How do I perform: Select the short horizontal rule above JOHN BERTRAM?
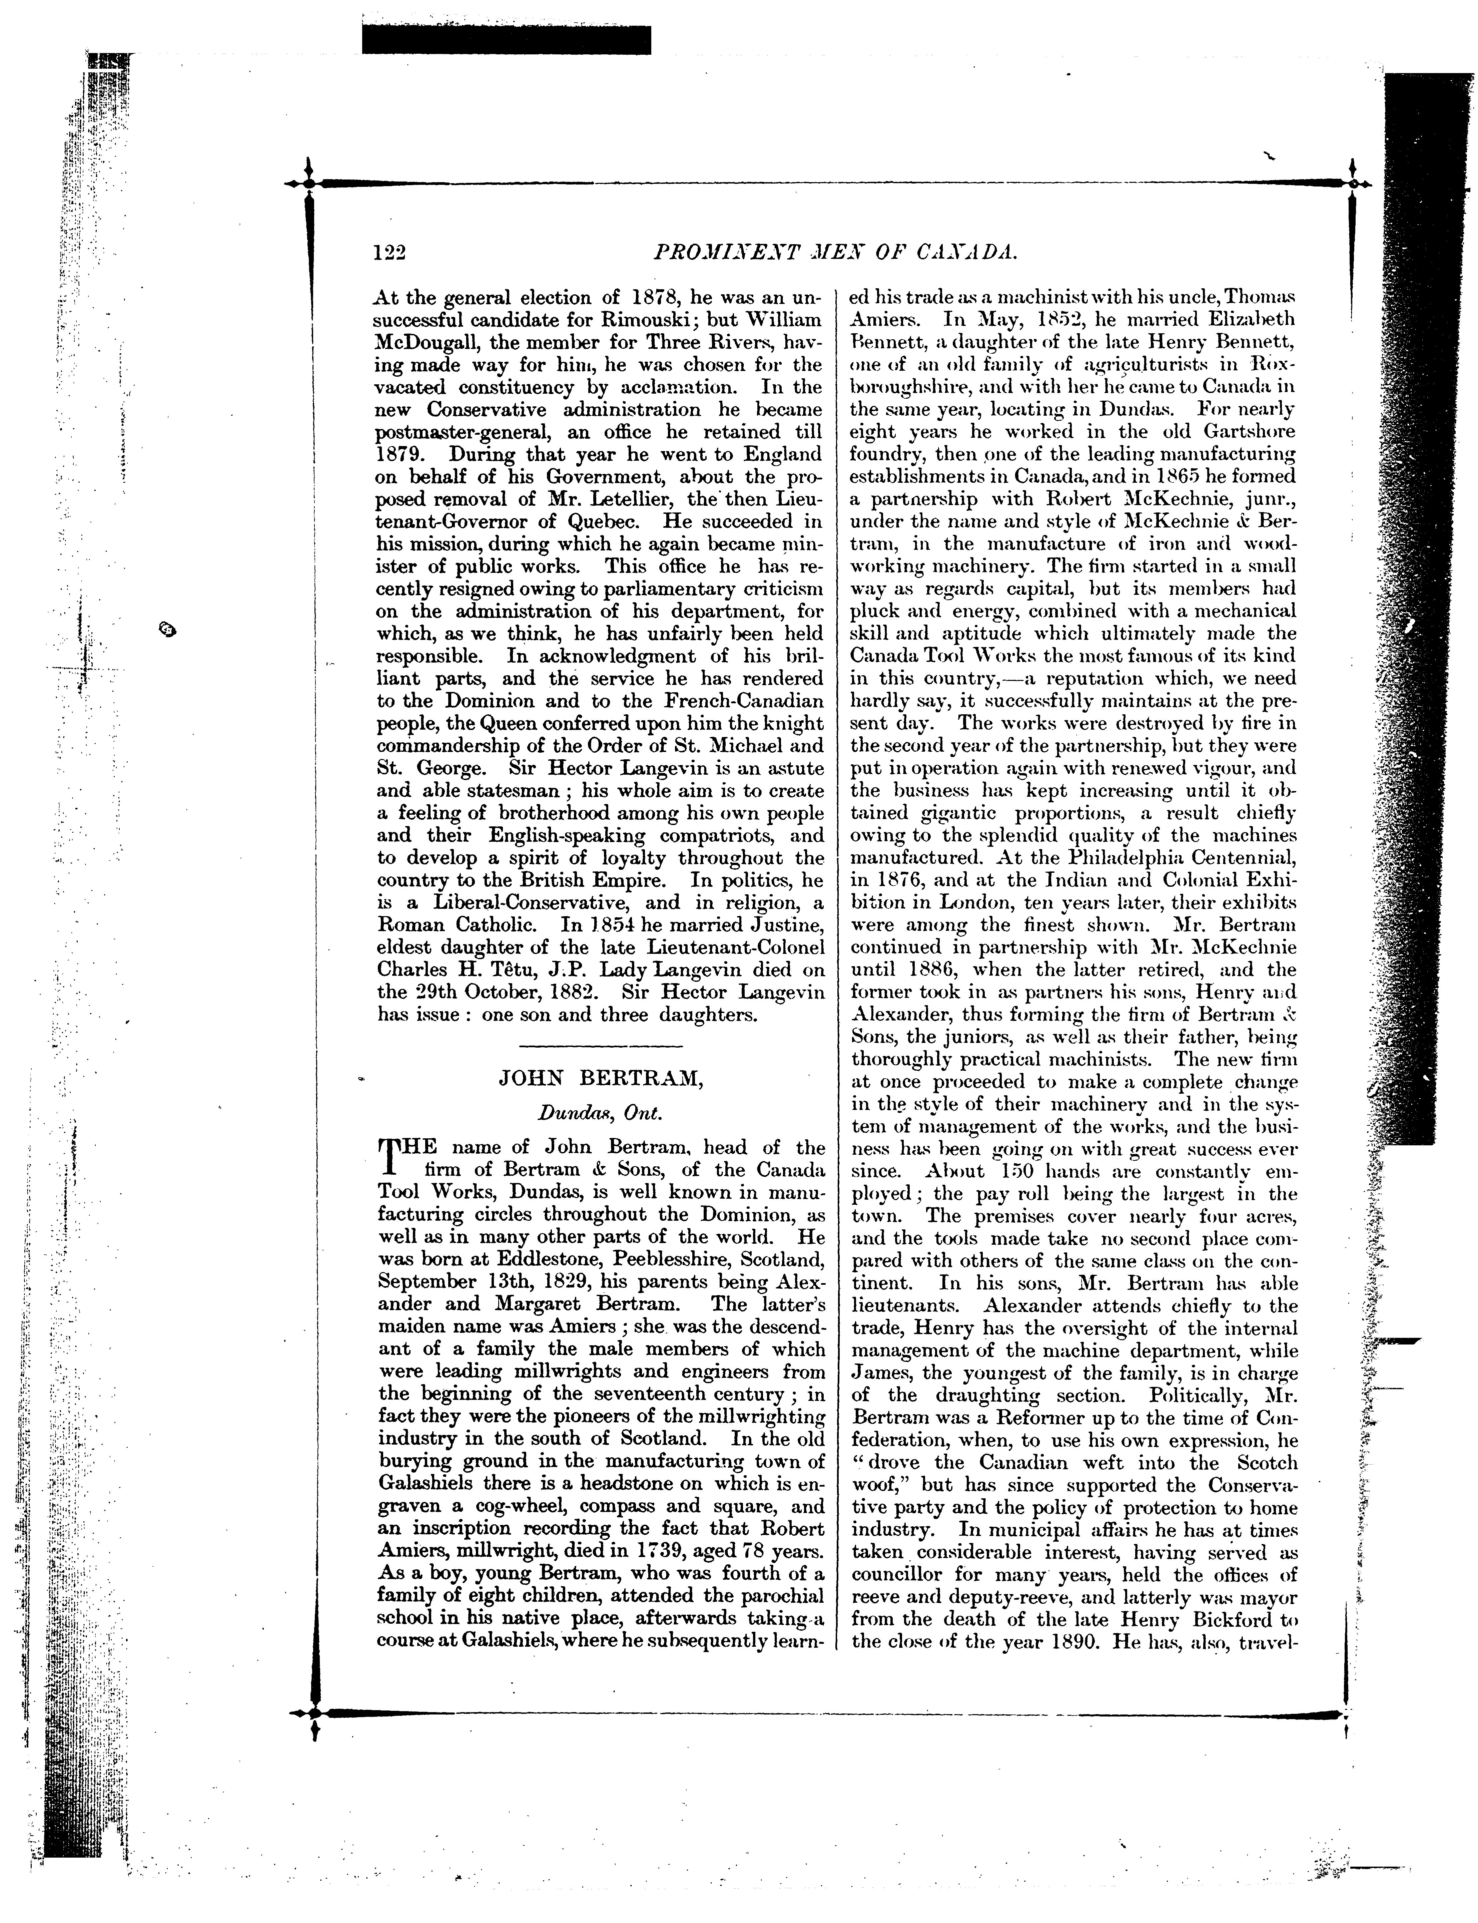pos(601,1046)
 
